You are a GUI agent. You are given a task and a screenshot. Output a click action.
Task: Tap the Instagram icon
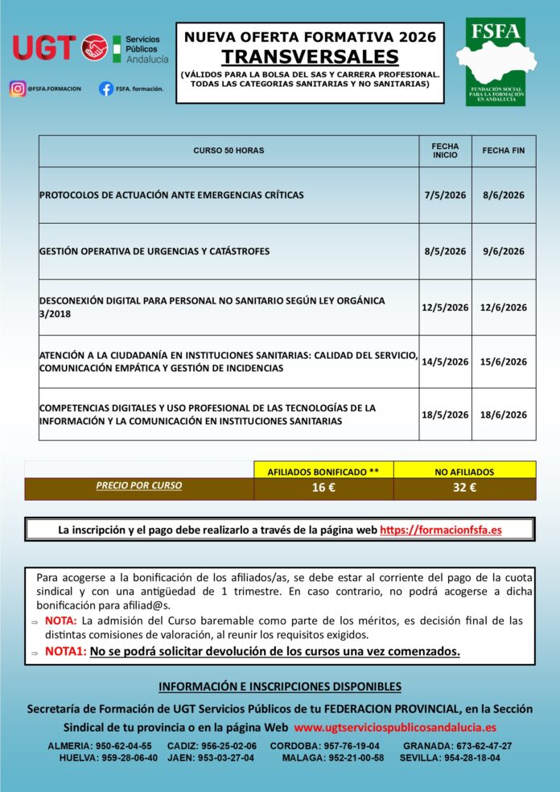tap(17, 89)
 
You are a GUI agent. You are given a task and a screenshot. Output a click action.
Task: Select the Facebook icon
tap(105, 89)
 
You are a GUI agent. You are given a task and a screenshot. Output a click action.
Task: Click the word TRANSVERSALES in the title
tap(310, 56)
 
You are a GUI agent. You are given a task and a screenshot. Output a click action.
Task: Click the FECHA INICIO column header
tap(445, 151)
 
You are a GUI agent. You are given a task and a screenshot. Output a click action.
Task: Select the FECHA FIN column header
tap(503, 151)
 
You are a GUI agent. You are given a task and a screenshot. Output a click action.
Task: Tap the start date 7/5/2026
tap(445, 196)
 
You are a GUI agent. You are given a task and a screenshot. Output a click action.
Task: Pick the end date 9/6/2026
tap(503, 251)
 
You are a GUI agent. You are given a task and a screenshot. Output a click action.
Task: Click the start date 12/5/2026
tap(445, 307)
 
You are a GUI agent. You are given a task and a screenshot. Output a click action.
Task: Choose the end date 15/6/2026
tap(503, 362)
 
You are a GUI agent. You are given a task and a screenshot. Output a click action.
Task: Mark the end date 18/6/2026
tap(503, 415)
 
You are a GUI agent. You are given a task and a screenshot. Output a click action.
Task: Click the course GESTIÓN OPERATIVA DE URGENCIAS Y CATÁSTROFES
tap(154, 251)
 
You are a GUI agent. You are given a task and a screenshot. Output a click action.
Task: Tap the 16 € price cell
tap(323, 488)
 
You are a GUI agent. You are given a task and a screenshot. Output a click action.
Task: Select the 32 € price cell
tap(464, 488)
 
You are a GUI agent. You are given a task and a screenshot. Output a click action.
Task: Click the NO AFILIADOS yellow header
tap(464, 472)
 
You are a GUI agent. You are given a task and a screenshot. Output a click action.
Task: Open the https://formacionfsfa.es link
tap(440, 530)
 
